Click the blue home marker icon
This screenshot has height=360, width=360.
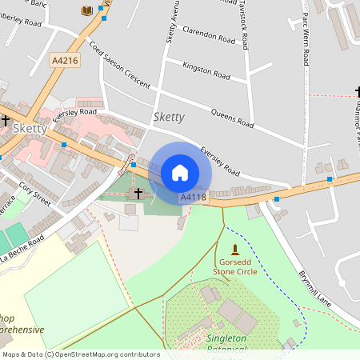point(179,172)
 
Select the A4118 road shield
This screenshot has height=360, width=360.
point(194,197)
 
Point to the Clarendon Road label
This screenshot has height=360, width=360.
point(210,36)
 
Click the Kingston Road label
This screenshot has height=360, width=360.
point(206,71)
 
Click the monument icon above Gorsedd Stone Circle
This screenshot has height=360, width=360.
point(234,250)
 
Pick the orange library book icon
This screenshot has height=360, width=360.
point(86,10)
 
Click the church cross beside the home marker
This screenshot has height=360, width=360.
point(138,193)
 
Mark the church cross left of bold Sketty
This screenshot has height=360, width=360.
point(6,120)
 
